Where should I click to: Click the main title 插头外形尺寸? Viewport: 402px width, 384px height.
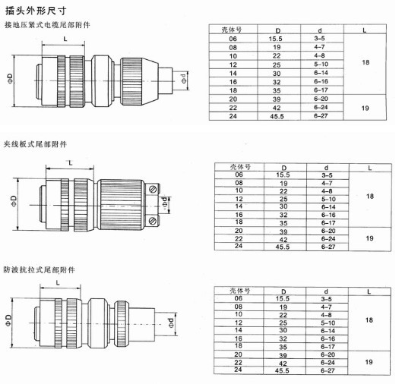click(x=36, y=11)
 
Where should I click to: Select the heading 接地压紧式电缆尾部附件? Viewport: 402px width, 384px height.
click(x=47, y=25)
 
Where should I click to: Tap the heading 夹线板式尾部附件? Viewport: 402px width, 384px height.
click(x=35, y=144)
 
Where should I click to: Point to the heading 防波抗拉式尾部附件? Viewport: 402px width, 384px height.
click(x=40, y=269)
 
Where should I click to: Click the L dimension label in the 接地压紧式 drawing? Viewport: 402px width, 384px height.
click(x=65, y=39)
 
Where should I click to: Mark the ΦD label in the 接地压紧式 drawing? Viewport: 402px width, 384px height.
click(x=10, y=79)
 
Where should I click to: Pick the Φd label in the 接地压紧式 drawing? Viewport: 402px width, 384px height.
click(x=184, y=78)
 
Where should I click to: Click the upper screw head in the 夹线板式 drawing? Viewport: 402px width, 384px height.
click(x=153, y=190)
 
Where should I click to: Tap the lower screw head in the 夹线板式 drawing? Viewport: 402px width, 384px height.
click(x=153, y=220)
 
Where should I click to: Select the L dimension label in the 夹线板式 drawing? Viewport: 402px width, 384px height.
click(x=71, y=163)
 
